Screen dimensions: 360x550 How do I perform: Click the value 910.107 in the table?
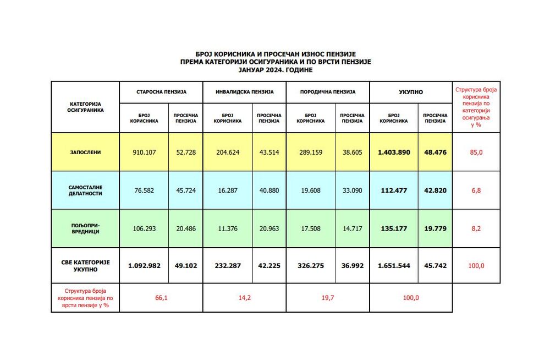[x=144, y=152]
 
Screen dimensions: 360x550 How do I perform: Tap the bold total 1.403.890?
[x=394, y=152]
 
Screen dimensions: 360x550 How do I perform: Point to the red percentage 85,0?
[x=476, y=152]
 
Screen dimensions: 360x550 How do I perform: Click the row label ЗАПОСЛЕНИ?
[x=85, y=152]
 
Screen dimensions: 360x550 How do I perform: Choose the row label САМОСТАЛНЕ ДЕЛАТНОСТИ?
[x=85, y=190]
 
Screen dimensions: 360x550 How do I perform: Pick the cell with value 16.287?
[x=227, y=190]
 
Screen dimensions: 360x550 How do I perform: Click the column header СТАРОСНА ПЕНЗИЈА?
[x=161, y=91]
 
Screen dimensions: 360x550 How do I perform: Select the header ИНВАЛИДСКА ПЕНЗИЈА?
[x=244, y=91]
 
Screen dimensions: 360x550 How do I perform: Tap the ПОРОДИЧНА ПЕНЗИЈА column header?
[x=327, y=91]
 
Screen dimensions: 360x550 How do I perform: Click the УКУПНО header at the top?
[x=410, y=91]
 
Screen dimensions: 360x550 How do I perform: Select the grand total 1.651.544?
[x=394, y=265]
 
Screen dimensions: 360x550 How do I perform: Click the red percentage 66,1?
[x=161, y=297]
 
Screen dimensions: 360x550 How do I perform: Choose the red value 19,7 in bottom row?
[x=327, y=297]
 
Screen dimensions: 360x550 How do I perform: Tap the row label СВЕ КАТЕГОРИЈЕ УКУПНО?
[x=85, y=266]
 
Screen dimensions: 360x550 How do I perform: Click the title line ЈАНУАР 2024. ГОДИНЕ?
[x=276, y=70]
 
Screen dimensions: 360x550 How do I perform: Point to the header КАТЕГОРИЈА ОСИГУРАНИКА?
[x=85, y=106]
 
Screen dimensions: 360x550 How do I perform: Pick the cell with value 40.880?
[x=269, y=190]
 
